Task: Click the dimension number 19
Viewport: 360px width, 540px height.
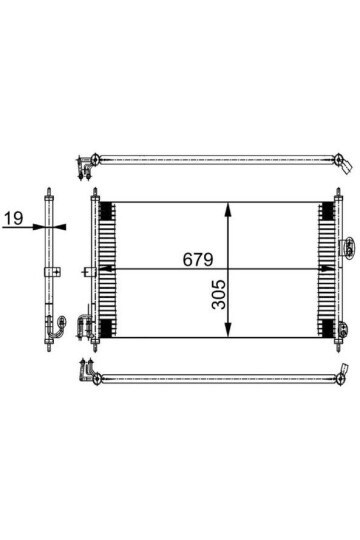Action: click(x=13, y=218)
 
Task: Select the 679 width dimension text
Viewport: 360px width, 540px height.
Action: click(x=198, y=259)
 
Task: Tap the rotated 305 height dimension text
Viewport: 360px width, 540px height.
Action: click(x=218, y=294)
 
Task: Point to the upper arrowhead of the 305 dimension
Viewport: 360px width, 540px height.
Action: click(x=227, y=210)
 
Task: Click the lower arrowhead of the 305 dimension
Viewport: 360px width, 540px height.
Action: click(x=227, y=330)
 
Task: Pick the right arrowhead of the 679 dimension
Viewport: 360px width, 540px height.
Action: click(x=327, y=269)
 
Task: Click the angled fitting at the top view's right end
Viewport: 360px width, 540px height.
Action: click(x=346, y=167)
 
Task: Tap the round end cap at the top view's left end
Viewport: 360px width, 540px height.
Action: click(x=95, y=159)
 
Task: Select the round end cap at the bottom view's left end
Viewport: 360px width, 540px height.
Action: click(x=97, y=379)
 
